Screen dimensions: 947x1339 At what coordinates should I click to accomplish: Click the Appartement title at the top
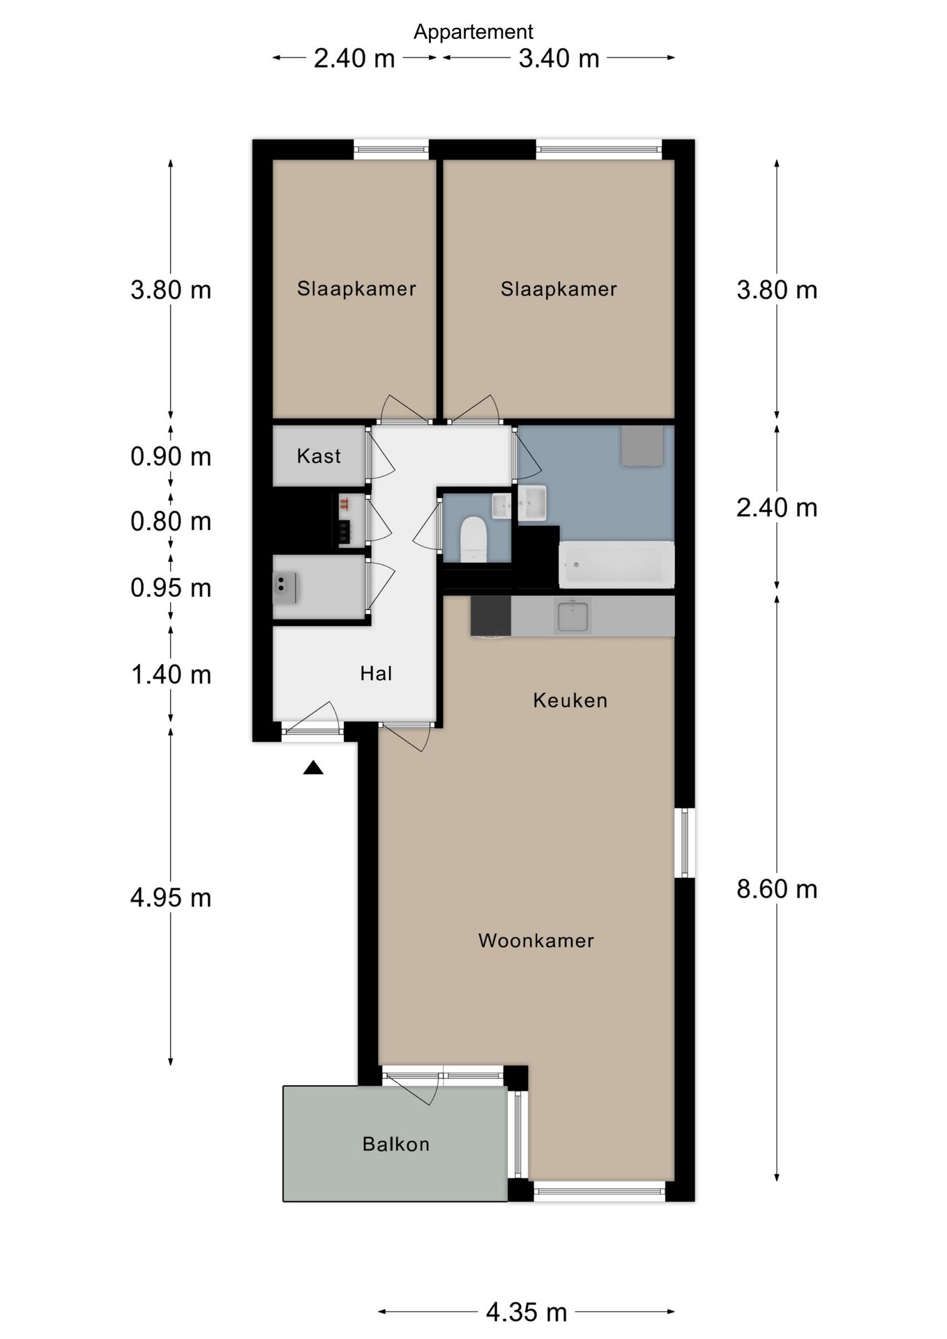[x=473, y=32]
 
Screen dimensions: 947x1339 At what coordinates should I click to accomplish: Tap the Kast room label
[x=319, y=456]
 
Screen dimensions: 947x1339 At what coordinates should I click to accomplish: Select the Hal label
[x=376, y=673]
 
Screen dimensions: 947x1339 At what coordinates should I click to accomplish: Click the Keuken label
[x=570, y=700]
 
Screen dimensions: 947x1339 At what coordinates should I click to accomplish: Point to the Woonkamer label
[x=536, y=940]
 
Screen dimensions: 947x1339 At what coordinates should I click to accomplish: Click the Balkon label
[x=395, y=1144]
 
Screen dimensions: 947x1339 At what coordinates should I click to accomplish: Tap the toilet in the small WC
[x=473, y=538]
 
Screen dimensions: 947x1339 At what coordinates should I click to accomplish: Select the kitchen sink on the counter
[x=573, y=616]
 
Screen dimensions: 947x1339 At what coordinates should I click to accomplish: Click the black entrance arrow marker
[x=313, y=768]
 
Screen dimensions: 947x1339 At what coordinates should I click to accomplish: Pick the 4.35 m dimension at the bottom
[x=526, y=1312]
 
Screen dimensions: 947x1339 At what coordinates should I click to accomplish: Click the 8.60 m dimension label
[x=777, y=889]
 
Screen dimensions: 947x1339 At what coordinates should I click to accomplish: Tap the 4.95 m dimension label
[x=171, y=898]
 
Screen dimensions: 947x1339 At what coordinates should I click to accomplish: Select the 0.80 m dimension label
[x=171, y=521]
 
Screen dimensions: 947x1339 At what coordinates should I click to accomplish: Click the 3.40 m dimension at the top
[x=559, y=58]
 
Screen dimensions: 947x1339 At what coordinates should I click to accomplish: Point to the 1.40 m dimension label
[x=172, y=674]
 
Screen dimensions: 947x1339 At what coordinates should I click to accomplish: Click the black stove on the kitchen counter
[x=491, y=616]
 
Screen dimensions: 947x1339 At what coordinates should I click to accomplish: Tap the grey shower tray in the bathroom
[x=642, y=446]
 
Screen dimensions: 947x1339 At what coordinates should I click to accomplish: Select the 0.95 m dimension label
[x=171, y=588]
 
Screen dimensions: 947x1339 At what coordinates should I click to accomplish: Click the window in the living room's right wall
[x=685, y=842]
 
